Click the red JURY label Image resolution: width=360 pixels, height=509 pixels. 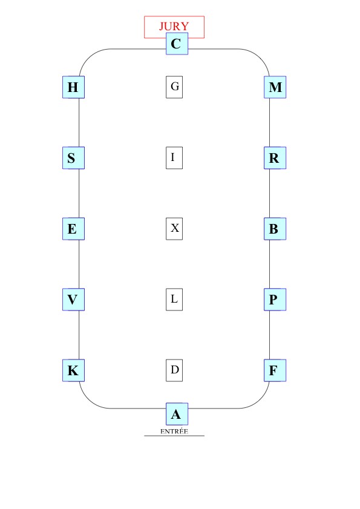tap(174, 26)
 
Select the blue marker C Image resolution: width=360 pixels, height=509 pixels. tap(177, 44)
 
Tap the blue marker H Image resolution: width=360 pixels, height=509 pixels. tap(73, 87)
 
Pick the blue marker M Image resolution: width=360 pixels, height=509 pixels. tap(275, 87)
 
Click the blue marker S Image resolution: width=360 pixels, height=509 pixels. tap(73, 158)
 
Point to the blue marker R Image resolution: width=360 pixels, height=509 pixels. tap(275, 158)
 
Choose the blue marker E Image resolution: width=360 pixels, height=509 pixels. tap(73, 229)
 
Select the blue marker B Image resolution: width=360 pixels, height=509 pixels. tap(275, 229)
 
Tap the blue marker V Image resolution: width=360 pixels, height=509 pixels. tap(73, 300)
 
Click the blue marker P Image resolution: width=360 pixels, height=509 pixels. tap(275, 300)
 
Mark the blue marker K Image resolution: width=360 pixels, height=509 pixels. tap(73, 370)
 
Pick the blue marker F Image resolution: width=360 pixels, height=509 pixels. tap(275, 370)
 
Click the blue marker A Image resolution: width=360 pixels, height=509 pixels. tap(177, 414)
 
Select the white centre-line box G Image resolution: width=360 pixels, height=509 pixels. tap(174, 87)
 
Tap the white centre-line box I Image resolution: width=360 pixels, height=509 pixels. tap(174, 158)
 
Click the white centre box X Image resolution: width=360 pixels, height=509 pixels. tap(174, 229)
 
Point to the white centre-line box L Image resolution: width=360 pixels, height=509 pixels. tap(174, 300)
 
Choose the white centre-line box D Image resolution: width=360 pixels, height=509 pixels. tap(174, 370)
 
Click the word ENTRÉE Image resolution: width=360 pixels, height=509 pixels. tap(174, 431)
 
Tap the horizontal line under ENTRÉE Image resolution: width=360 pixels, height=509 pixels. tap(174, 436)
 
